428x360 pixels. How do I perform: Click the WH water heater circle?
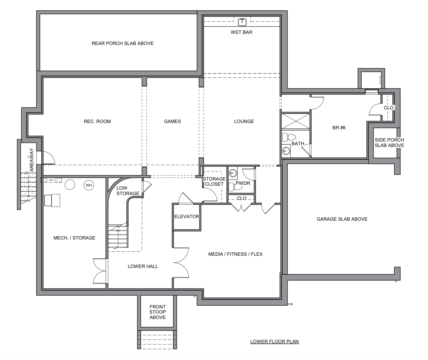click(x=89, y=185)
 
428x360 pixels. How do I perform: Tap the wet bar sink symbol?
click(x=242, y=22)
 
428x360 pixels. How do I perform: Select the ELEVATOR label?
click(x=187, y=216)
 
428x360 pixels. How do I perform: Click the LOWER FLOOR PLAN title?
click(x=274, y=341)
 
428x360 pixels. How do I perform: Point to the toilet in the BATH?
click(x=289, y=137)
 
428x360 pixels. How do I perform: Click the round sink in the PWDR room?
click(x=233, y=173)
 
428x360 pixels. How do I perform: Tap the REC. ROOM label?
click(x=97, y=122)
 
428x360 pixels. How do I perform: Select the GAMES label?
click(x=172, y=122)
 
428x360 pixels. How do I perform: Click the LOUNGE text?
click(x=244, y=122)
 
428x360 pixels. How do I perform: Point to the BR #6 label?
click(x=339, y=128)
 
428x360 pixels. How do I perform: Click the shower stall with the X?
click(x=295, y=122)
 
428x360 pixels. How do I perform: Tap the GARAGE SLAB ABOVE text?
click(x=342, y=219)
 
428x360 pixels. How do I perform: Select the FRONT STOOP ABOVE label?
click(x=157, y=312)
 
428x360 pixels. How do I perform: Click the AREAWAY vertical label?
click(x=32, y=160)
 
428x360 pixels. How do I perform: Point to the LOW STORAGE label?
click(x=128, y=191)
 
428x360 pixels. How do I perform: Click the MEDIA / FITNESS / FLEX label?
click(x=235, y=254)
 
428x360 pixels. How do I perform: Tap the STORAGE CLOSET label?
click(x=214, y=181)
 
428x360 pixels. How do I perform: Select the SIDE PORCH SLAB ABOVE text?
click(x=390, y=143)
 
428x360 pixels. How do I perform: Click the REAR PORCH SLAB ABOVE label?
click(x=123, y=44)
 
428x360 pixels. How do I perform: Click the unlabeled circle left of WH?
click(x=70, y=185)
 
